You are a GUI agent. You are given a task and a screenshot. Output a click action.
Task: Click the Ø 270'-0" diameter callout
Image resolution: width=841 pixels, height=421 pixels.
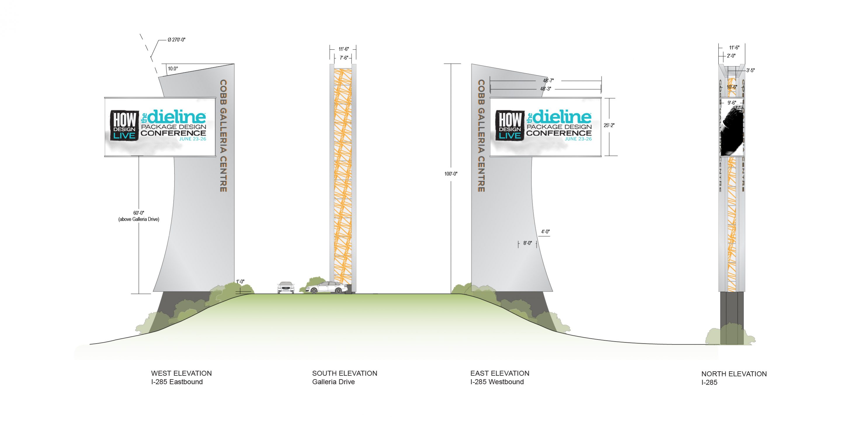[x=176, y=40]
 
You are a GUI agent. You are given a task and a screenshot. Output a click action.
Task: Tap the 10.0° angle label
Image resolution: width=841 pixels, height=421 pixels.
[x=173, y=69]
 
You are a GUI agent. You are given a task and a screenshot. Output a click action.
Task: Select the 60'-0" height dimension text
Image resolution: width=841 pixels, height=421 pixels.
[x=139, y=213]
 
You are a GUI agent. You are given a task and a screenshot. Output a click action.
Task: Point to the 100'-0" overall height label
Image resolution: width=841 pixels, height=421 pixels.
[x=451, y=174]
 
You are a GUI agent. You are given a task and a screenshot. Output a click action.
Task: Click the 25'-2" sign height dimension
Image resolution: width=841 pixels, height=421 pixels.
[x=609, y=125]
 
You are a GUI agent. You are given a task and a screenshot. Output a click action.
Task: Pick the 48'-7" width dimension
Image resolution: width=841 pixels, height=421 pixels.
[x=548, y=80]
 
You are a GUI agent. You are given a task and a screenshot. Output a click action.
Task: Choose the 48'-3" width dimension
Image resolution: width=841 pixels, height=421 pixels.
[x=545, y=89]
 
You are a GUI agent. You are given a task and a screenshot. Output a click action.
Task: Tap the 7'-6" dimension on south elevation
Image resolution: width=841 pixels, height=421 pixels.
[x=344, y=58]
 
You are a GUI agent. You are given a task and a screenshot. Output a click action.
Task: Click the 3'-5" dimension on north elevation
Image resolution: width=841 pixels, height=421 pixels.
[x=750, y=70]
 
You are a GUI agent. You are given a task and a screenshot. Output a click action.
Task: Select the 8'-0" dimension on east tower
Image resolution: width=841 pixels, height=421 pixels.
[x=527, y=243]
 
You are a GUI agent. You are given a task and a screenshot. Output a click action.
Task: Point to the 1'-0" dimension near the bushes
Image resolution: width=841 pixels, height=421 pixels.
[x=240, y=282]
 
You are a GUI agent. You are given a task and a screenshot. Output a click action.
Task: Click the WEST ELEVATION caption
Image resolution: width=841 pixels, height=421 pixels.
[x=181, y=373]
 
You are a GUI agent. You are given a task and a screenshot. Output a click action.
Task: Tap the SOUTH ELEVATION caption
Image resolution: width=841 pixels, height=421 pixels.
[x=345, y=373]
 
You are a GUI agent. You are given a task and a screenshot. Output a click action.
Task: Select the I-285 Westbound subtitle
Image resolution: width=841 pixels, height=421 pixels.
[x=497, y=382]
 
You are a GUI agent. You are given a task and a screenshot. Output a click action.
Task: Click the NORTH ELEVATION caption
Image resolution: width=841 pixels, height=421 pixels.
[x=734, y=374]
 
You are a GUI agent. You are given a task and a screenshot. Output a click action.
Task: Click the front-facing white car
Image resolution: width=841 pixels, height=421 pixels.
[x=286, y=287]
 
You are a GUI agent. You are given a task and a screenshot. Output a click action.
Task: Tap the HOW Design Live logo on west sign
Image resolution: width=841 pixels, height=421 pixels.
[x=124, y=125]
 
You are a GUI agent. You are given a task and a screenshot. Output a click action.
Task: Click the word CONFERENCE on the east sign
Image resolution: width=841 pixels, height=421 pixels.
[x=559, y=133]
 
